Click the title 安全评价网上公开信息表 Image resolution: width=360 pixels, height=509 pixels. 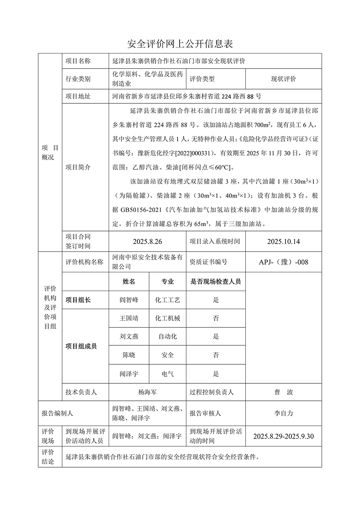pos(180,43)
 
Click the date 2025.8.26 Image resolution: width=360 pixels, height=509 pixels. pos(147,242)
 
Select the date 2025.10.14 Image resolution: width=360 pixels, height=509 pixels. pos(283,242)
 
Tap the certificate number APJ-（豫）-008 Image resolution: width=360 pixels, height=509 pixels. pos(283,262)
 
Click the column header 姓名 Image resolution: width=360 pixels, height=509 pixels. pos(129,281)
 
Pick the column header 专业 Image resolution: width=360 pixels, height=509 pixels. pos(167,281)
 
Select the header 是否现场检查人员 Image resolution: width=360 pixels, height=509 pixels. pos(216,281)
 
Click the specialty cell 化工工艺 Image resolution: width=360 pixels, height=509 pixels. pos(167,300)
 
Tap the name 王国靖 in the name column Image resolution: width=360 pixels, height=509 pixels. pos(129,318)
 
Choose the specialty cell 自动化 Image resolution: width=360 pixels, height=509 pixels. pos(167,336)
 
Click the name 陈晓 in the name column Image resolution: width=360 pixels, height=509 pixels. pos(129,355)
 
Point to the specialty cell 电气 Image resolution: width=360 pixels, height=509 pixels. pos(167,374)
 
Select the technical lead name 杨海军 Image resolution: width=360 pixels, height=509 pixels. pos(147,392)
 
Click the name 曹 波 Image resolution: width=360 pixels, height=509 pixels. pos(283,392)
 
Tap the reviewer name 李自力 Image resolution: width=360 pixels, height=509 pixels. pos(283,413)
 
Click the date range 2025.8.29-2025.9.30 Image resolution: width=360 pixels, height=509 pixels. pos(283,436)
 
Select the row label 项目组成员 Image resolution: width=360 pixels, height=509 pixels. pos(81,346)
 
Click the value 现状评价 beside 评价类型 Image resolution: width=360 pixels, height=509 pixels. pos(283,79)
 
